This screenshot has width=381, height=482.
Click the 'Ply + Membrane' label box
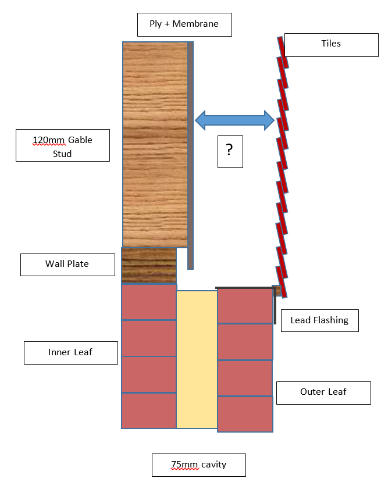pos(184,24)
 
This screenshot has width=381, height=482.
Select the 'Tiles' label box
pos(331,45)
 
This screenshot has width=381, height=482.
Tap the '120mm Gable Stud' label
pos(63,145)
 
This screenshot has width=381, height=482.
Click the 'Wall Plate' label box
pos(67,265)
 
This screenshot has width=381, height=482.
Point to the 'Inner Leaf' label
pos(71,353)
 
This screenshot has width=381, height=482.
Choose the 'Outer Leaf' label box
pos(323,393)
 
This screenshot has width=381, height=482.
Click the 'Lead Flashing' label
pos(320,320)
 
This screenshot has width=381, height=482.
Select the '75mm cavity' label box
pos(199,465)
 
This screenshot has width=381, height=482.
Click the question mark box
pos(230,152)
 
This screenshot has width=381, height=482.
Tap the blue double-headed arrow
pos(234,120)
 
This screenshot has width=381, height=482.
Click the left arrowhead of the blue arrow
pos(200,120)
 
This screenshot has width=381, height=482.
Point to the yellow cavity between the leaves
pos(197,359)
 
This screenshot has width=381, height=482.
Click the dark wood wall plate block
pos(149,265)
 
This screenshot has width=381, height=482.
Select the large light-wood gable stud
pos(155,144)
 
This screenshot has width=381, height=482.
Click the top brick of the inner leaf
pos(149,302)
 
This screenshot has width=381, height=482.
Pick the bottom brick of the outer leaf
pos(245,414)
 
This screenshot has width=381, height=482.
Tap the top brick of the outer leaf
pos(245,306)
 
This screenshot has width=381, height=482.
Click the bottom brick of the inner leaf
pos(149,410)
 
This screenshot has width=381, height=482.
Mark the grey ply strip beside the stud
pos(191,156)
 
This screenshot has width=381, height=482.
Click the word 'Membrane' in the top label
pos(195,24)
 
